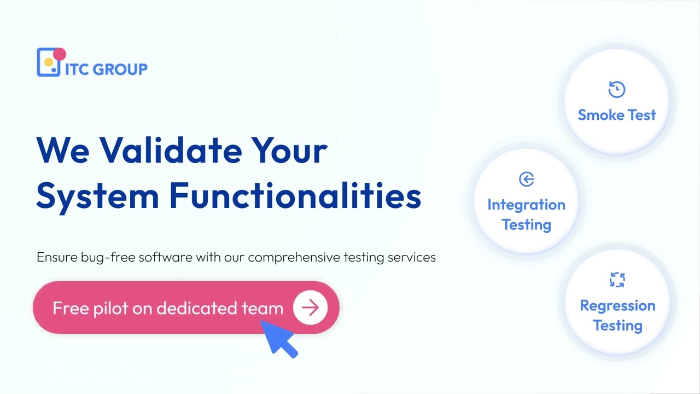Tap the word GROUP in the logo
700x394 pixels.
(x=120, y=69)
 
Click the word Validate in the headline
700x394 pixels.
(x=170, y=149)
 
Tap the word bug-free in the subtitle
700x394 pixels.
(x=108, y=257)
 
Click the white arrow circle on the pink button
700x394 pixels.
(x=310, y=308)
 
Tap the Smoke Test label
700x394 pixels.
(x=617, y=115)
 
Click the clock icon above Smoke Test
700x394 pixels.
(x=617, y=89)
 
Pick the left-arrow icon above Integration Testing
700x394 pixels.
(x=526, y=179)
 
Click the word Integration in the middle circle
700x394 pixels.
(x=526, y=205)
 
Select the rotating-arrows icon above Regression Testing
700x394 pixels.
(x=617, y=280)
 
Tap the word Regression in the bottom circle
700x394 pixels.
(x=617, y=305)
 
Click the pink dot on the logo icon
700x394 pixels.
(x=60, y=54)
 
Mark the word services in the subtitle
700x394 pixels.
(x=411, y=257)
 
